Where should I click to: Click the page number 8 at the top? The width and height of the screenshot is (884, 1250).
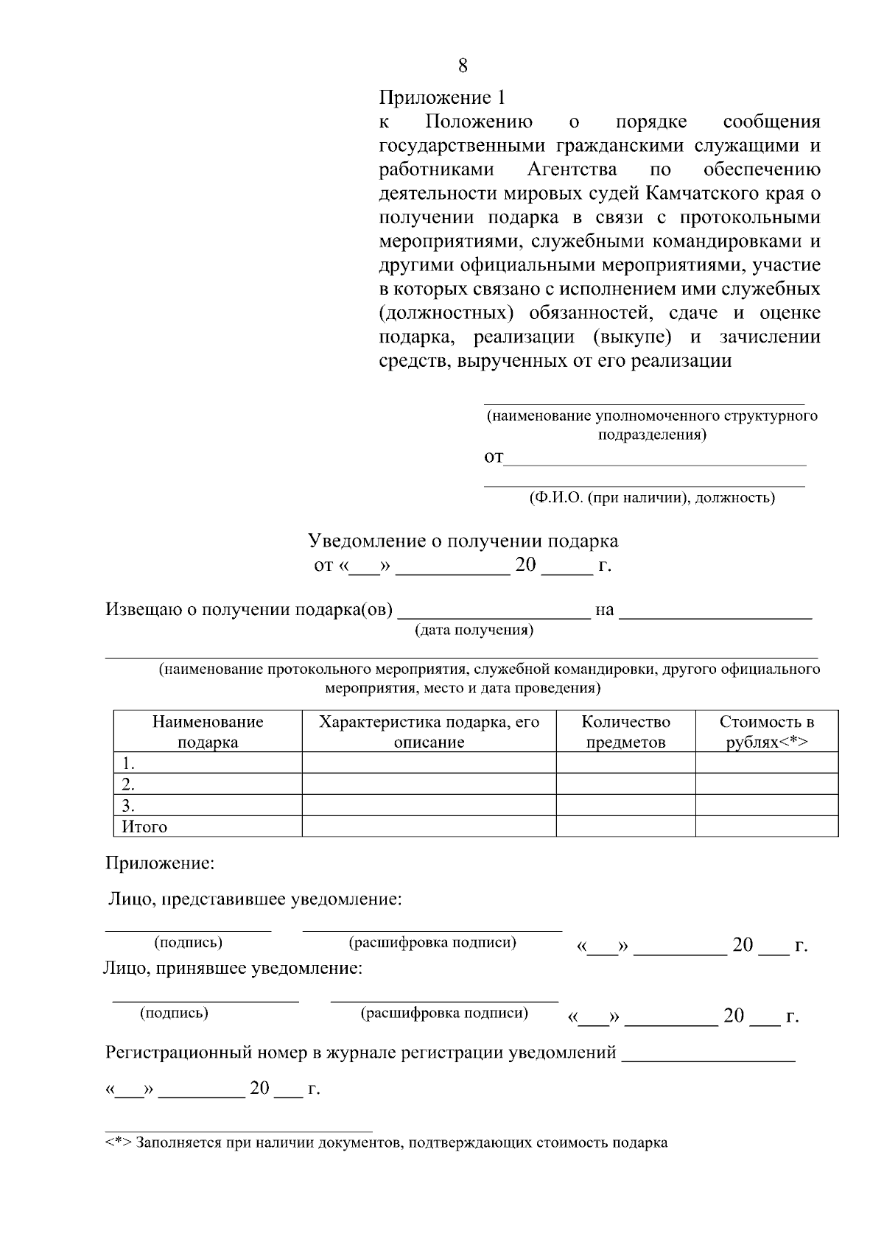(462, 66)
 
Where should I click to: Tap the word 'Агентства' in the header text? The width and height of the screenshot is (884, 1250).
(572, 169)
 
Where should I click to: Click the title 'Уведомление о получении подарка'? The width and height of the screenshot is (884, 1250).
(463, 541)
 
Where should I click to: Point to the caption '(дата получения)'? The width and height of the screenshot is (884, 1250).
(474, 631)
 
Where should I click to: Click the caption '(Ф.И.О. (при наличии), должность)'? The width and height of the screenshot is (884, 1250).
(652, 498)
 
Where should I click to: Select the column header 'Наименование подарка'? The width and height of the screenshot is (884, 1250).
(208, 731)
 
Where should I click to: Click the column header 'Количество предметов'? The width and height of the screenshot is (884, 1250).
(625, 731)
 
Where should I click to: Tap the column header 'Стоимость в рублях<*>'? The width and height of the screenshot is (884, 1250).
(767, 731)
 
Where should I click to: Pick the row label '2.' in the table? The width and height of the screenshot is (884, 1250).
(128, 784)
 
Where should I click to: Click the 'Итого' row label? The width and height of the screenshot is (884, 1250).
(144, 826)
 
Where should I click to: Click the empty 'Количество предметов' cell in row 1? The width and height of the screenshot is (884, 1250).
(625, 762)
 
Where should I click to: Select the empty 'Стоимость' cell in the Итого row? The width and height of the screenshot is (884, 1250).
(767, 826)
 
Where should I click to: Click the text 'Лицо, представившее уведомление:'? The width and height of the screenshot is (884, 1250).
(255, 899)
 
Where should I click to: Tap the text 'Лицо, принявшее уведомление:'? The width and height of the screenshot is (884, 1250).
(233, 969)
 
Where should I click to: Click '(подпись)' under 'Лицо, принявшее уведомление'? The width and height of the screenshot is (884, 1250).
(174, 1013)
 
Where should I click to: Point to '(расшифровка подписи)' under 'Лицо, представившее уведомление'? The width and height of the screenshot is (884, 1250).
(432, 943)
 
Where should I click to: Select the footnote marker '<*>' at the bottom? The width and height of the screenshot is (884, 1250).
(118, 1143)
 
